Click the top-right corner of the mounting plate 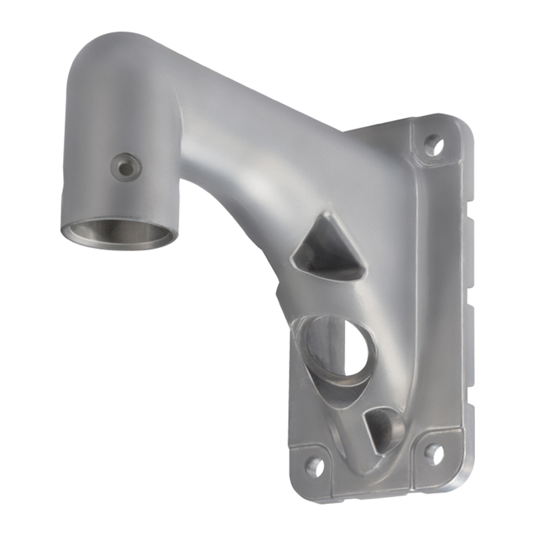(x=462, y=127)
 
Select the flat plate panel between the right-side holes (x=439, y=295)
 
